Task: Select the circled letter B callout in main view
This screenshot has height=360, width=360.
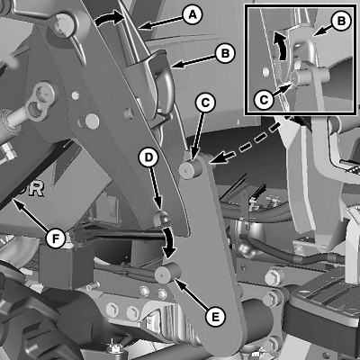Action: (225, 54)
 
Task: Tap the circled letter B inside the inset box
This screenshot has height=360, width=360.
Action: (341, 22)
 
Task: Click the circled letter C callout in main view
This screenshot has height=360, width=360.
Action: (205, 103)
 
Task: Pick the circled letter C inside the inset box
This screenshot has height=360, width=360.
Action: (264, 99)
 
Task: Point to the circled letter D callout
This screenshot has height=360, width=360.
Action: (148, 157)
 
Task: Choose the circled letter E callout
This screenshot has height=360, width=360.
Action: (215, 316)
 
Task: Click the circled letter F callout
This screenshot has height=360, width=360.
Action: (56, 238)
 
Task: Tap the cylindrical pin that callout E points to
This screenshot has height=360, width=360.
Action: (168, 273)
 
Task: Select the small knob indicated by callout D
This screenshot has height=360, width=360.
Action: (161, 218)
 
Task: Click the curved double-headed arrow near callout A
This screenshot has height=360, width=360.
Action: (109, 18)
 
